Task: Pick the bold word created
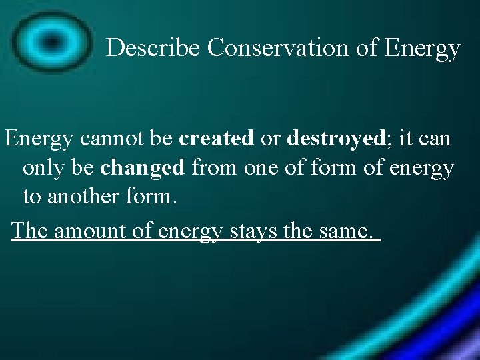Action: (217, 139)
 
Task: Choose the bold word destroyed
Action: (329, 139)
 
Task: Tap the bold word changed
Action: (143, 168)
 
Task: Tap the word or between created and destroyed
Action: (270, 139)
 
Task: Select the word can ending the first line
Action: (436, 139)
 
